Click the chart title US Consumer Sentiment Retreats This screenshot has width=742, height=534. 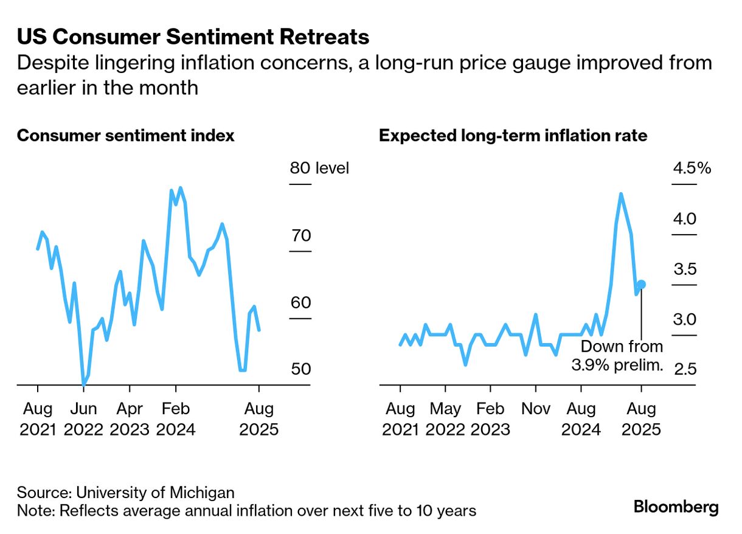click(193, 38)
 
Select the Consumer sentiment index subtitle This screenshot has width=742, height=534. click(125, 136)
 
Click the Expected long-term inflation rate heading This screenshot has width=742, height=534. click(513, 136)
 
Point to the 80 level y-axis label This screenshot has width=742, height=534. click(319, 168)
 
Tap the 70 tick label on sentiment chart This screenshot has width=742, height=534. click(300, 235)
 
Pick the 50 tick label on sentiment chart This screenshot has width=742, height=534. click(300, 369)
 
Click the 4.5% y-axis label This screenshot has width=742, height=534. click(692, 168)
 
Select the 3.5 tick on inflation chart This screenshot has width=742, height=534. click(684, 269)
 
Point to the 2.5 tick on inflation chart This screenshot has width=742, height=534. click(684, 369)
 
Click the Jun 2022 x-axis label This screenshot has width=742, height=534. click(83, 418)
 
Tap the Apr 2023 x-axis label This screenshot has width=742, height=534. click(129, 418)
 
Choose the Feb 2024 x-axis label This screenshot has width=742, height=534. click(176, 418)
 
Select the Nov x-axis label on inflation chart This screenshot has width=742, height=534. click(536, 408)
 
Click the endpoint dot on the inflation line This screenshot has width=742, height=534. click(642, 284)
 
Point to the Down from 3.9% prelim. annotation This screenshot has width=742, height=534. click(616, 356)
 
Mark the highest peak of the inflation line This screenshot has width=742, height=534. click(620, 194)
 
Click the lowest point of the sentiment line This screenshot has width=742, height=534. click(83, 384)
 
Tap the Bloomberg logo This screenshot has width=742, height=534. click(676, 507)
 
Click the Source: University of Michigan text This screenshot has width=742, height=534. click(125, 492)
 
